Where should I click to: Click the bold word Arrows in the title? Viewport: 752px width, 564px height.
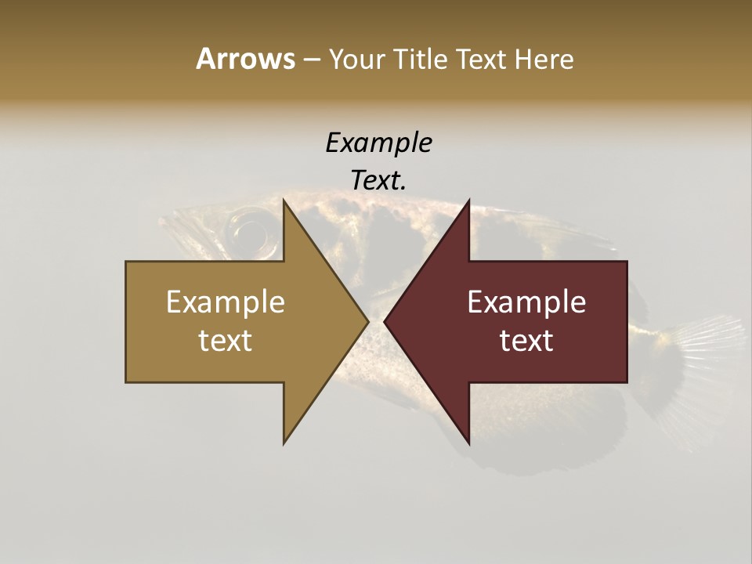coord(245,59)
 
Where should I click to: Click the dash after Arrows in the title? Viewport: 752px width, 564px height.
coord(312,60)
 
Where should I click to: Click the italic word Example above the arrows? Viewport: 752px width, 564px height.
coord(378,143)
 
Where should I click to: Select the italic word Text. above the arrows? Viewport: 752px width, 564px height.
coord(378,181)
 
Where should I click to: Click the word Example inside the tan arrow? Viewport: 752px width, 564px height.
coord(226,302)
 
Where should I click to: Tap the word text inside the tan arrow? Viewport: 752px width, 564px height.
coord(226,340)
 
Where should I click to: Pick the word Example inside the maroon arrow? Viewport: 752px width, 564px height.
coord(526,302)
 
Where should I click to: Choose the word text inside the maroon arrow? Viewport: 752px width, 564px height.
coord(526,340)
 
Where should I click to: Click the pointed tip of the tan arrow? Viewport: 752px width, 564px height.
coord(367,321)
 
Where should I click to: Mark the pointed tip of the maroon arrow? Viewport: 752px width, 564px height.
coord(385,321)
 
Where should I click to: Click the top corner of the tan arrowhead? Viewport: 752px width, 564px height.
coord(284,200)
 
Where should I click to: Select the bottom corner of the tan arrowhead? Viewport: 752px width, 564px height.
coord(284,443)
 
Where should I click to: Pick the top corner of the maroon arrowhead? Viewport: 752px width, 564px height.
coord(469,200)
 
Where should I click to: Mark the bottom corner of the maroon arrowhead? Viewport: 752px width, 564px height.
coord(469,443)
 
